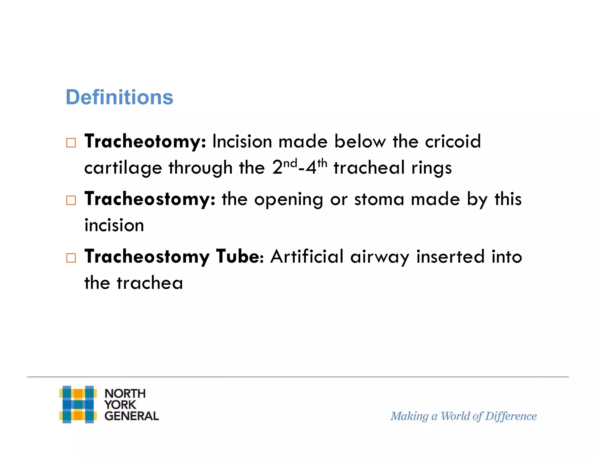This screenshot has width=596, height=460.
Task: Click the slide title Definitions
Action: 119,97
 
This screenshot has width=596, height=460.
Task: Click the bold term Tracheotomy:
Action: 145,142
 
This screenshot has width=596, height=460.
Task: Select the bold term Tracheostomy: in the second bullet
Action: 150,199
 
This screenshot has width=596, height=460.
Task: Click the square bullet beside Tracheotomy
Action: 71,143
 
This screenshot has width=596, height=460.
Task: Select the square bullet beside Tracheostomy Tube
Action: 71,258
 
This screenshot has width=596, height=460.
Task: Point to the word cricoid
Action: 453,142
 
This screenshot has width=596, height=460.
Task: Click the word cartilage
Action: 123,168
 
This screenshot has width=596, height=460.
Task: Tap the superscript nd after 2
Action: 290,163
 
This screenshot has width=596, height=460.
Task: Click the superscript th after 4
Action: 322,163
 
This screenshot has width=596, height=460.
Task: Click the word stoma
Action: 379,200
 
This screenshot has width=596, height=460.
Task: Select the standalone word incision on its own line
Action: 114,226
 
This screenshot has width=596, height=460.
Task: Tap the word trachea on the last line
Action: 150,283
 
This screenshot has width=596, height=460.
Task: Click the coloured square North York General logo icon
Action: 78,404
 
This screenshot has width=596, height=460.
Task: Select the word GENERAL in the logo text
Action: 132,416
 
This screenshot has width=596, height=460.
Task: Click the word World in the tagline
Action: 455,416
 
